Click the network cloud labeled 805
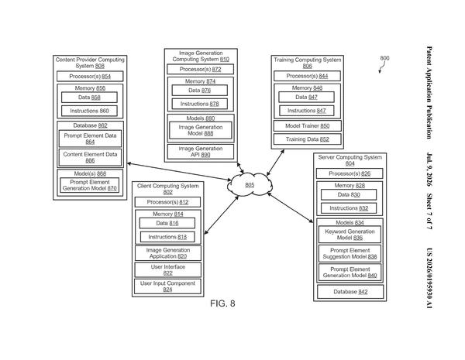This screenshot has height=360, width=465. pyautogui.click(x=250, y=184)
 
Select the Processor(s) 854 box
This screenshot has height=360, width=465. pyautogui.click(x=90, y=77)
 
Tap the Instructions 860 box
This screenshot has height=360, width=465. pyautogui.click(x=89, y=111)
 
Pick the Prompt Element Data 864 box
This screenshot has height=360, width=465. pyautogui.click(x=90, y=139)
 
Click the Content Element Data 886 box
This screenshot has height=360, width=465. pyautogui.click(x=90, y=157)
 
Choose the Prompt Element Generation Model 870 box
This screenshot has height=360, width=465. pyautogui.click(x=90, y=185)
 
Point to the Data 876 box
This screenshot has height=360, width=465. pyautogui.click(x=200, y=91)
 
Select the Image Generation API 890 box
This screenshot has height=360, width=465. pyautogui.click(x=201, y=152)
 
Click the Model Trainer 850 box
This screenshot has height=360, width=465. pyautogui.click(x=307, y=126)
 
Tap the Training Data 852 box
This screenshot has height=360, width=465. pyautogui.click(x=307, y=139)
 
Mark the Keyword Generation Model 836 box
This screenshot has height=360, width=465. pyautogui.click(x=350, y=235)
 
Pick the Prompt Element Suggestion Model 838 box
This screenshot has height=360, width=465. pyautogui.click(x=350, y=253)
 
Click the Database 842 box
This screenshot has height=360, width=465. pyautogui.click(x=350, y=292)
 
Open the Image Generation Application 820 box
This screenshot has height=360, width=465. pyautogui.click(x=168, y=253)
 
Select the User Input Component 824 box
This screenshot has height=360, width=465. pyautogui.click(x=167, y=286)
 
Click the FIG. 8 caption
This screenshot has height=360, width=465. pyautogui.click(x=222, y=303)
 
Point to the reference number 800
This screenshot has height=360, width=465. pyautogui.click(x=384, y=58)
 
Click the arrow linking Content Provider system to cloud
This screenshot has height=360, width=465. pyautogui.click(x=179, y=172)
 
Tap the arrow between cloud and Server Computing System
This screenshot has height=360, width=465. pyautogui.click(x=291, y=207)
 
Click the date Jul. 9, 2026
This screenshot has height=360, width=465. pyautogui.click(x=429, y=170)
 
